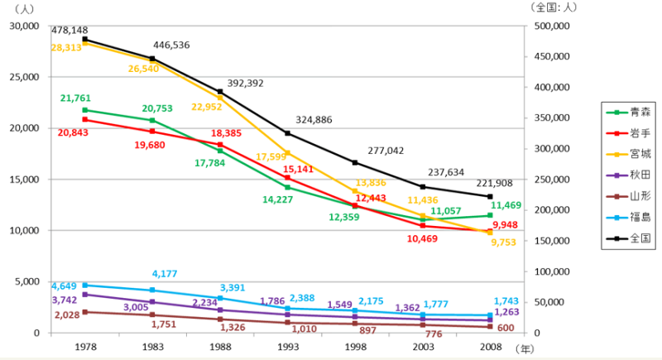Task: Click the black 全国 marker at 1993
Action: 288,133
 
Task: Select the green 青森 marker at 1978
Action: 85,110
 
